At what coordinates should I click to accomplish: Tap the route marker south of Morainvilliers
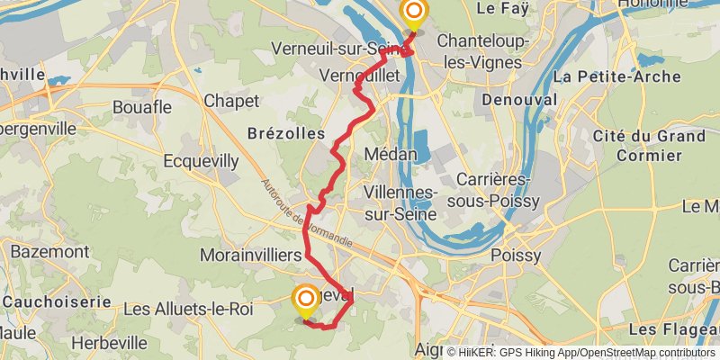point(305,299)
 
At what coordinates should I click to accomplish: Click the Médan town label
point(391,155)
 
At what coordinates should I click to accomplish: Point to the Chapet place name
point(231,101)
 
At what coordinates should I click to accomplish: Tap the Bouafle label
point(137,107)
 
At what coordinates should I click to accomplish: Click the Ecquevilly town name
point(202,161)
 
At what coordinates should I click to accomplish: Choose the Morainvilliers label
point(251,256)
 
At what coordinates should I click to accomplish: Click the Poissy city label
point(517,256)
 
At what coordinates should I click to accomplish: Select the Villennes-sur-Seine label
point(400,203)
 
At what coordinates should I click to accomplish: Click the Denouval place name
point(514,98)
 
